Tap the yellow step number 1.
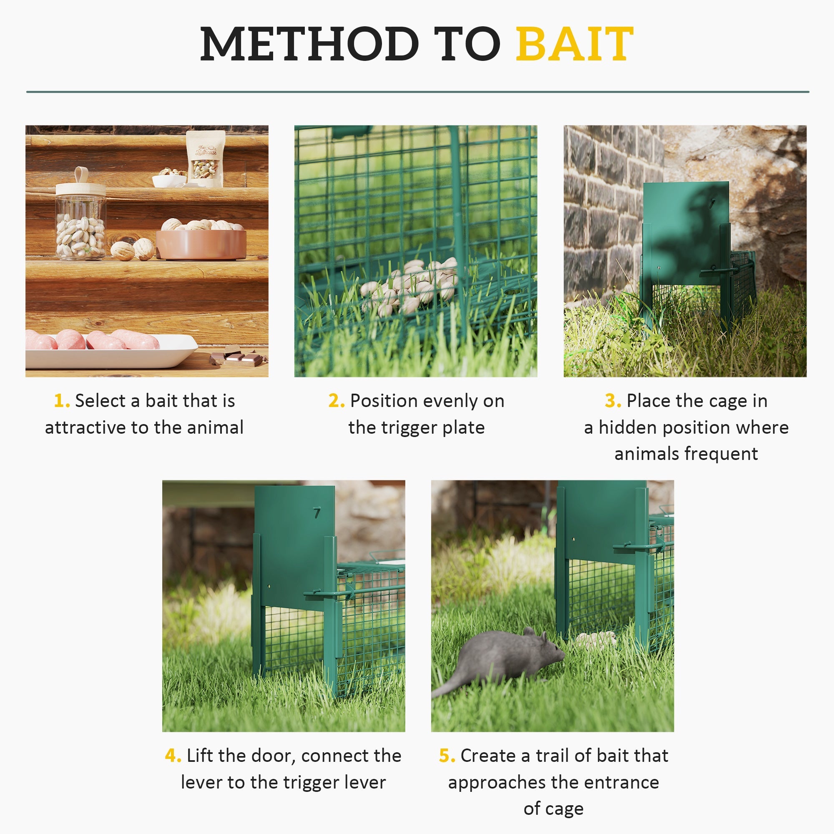(61, 401)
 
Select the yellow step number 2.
(336, 401)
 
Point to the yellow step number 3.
(612, 401)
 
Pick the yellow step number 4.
(173, 756)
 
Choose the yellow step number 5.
(446, 756)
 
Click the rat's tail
(449, 686)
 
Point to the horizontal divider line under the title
(417, 92)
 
